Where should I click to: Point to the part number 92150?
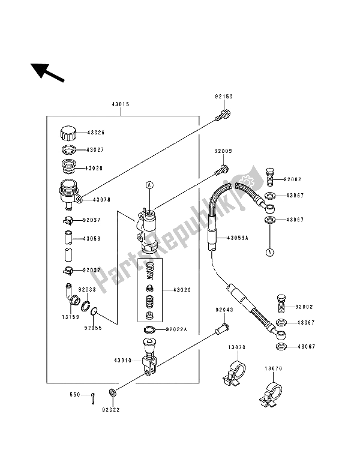(x=223, y=95)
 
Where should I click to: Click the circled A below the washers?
(x=269, y=251)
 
